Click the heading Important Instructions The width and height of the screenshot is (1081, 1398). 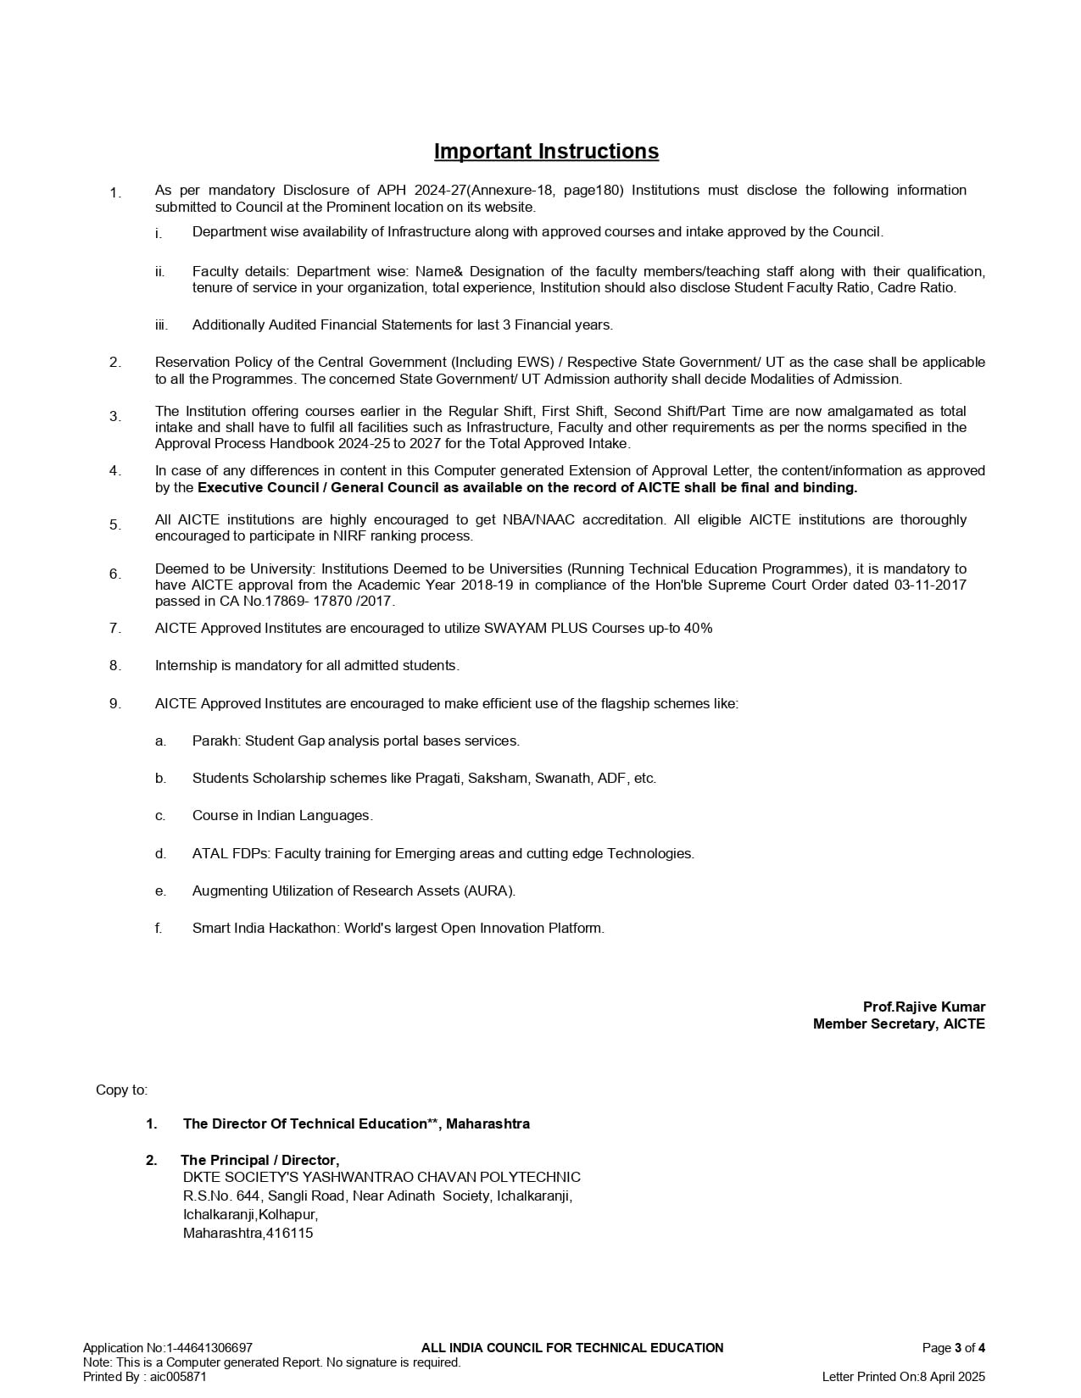pyautogui.click(x=546, y=152)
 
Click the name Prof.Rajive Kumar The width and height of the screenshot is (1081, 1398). pyautogui.click(x=924, y=1007)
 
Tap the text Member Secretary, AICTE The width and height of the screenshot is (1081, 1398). pyautogui.click(x=899, y=1024)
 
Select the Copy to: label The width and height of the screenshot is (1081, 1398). pyautogui.click(x=121, y=1090)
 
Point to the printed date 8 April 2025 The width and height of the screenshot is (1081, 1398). pyautogui.click(x=952, y=1377)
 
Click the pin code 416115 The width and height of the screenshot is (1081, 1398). pyautogui.click(x=290, y=1233)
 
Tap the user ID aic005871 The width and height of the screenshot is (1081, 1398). pyautogui.click(x=178, y=1377)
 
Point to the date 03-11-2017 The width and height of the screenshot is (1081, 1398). pyautogui.click(x=930, y=585)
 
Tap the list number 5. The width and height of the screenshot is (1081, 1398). pyautogui.click(x=114, y=524)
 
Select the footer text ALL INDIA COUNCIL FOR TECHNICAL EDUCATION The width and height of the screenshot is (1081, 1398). pyautogui.click(x=572, y=1348)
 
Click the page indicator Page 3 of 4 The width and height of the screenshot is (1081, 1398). pyautogui.click(x=953, y=1348)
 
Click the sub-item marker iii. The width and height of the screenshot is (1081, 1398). pyautogui.click(x=161, y=325)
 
